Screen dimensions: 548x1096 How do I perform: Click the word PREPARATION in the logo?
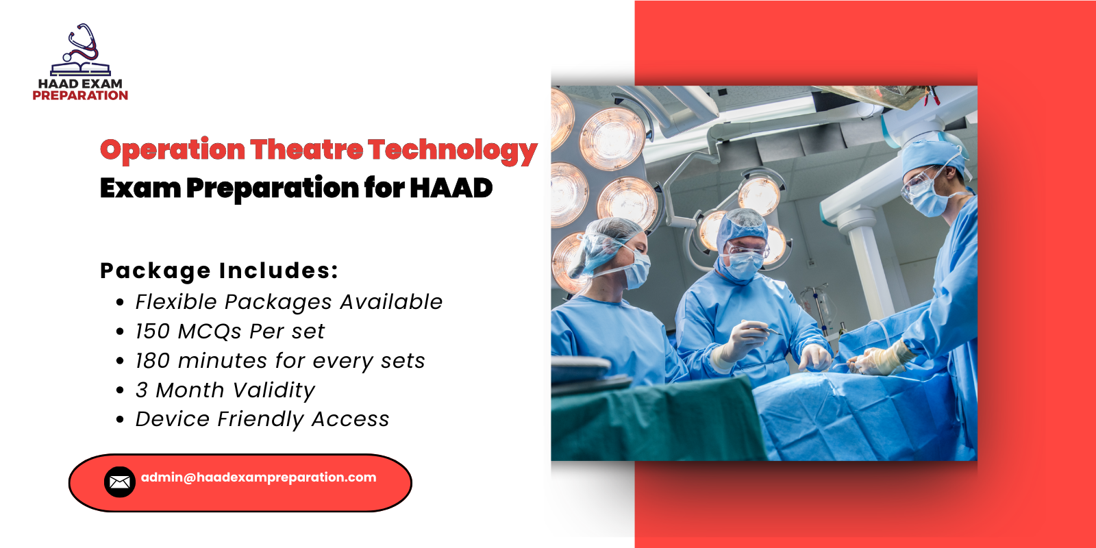coord(80,96)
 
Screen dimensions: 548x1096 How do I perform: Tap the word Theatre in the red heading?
coord(306,149)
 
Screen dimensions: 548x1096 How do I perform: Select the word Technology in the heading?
coord(452,151)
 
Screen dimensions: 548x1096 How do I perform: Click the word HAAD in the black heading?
coord(451,188)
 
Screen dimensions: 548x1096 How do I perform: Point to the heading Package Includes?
coord(219,271)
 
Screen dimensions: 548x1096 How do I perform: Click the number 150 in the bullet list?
coord(152,332)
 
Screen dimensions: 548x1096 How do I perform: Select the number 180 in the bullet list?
coord(152,361)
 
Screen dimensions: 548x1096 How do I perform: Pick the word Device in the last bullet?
coord(172,419)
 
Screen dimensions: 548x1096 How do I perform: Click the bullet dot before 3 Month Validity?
coord(121,390)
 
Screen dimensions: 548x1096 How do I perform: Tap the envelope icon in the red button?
coord(119,482)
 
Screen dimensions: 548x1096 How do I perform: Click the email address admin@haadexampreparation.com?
coord(258,477)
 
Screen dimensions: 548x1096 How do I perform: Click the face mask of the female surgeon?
coord(636,269)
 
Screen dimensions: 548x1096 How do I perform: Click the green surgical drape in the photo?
coord(651,421)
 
